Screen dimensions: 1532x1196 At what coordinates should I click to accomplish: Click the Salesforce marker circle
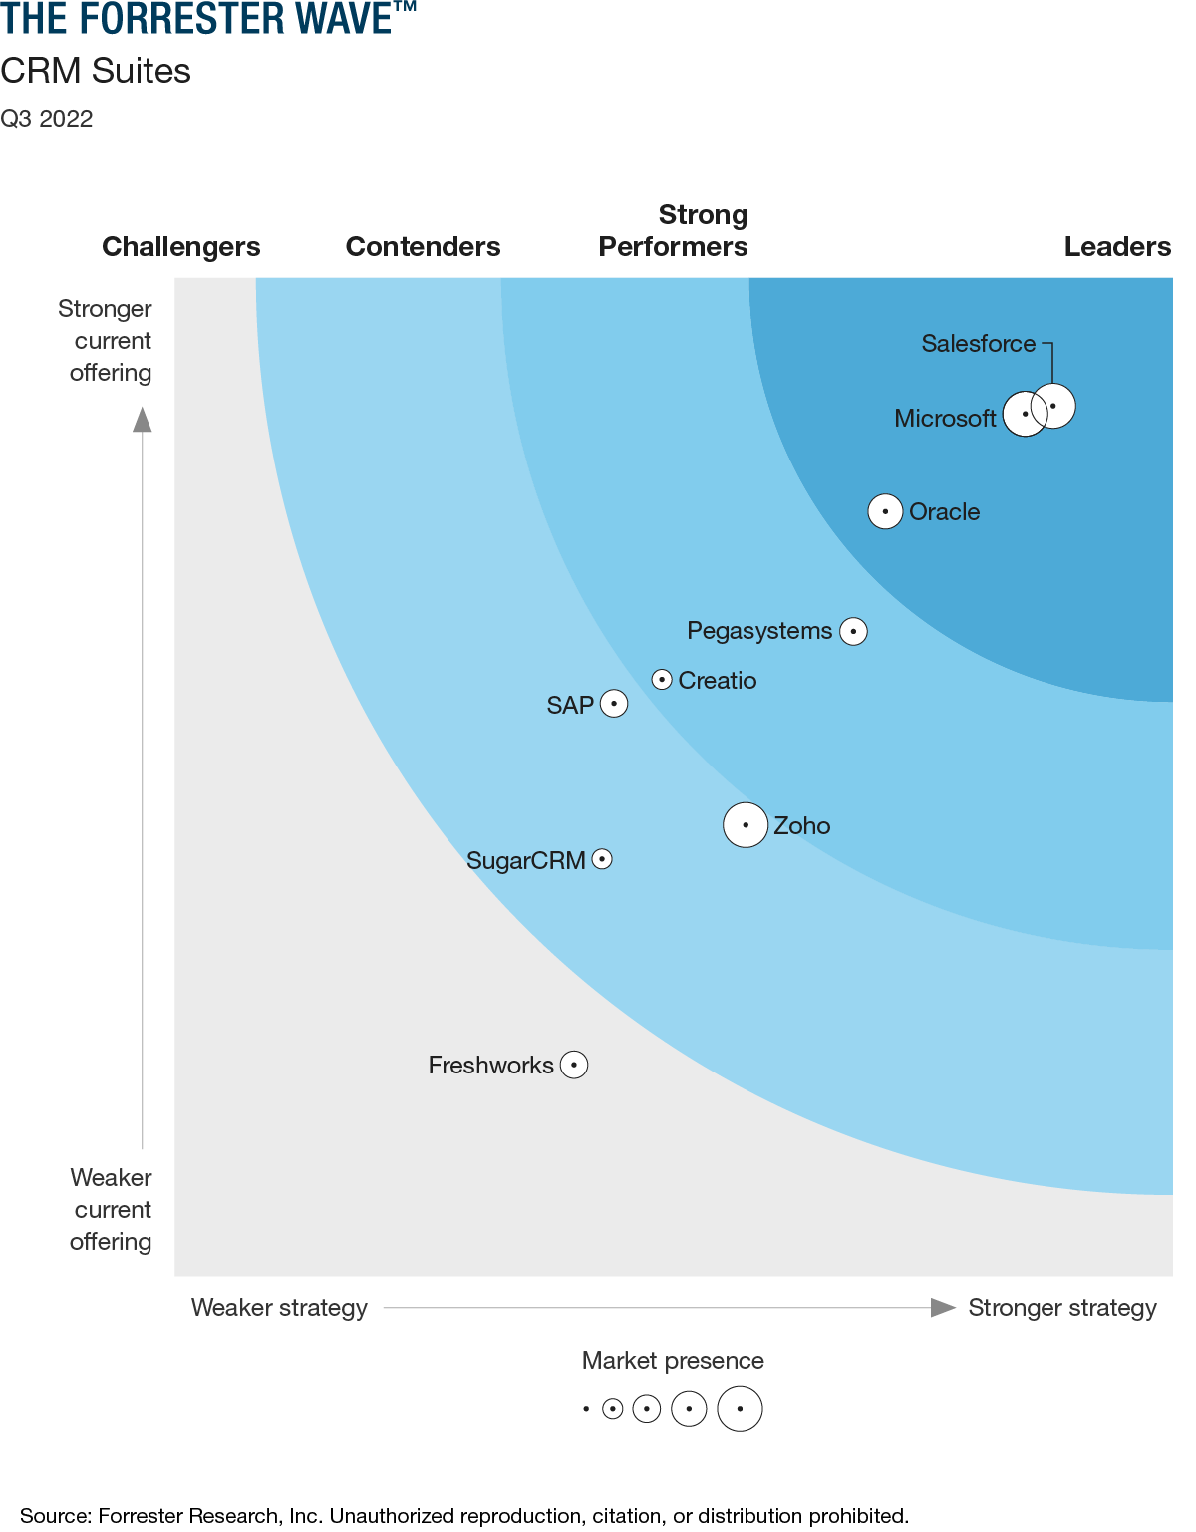[1053, 406]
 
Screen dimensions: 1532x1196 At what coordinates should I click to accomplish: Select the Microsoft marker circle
[1025, 414]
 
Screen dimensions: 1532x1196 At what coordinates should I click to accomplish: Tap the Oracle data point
[885, 511]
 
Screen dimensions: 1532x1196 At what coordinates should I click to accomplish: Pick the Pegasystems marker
[853, 631]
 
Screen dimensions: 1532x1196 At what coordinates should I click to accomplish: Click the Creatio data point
[662, 680]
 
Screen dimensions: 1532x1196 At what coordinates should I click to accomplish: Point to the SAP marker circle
[614, 704]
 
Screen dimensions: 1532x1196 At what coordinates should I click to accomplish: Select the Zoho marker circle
[746, 825]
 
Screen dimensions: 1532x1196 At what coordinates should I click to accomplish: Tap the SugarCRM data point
[602, 859]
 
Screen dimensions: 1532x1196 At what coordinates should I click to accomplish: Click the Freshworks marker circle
[574, 1065]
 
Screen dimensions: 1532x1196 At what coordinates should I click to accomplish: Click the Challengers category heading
[181, 246]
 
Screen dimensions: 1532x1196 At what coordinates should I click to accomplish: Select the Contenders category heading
[423, 246]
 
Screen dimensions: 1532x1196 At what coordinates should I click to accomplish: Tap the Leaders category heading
[1116, 246]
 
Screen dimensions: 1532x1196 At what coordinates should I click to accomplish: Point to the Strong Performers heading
[673, 231]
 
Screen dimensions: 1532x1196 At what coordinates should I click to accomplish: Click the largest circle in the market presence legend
[740, 1409]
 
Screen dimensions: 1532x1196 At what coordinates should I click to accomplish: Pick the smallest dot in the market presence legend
[586, 1409]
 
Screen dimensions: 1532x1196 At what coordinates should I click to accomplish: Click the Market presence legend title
[673, 1361]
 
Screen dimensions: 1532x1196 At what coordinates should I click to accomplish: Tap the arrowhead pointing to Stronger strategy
[942, 1307]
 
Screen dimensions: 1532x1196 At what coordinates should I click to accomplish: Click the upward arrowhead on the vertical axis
[143, 420]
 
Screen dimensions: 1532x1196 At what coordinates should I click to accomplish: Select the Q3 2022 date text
[47, 119]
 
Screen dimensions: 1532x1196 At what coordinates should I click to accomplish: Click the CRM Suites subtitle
[96, 72]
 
